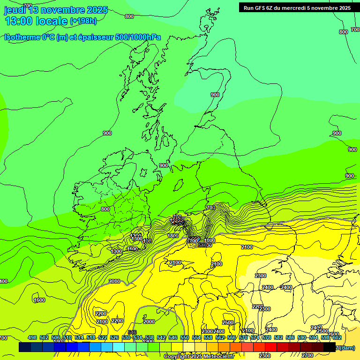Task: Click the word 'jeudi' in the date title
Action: (x=15, y=10)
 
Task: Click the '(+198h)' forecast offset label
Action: (x=83, y=21)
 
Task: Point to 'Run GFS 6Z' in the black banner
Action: (x=261, y=7)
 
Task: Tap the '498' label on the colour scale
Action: (x=32, y=337)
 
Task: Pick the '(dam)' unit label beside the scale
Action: (x=346, y=347)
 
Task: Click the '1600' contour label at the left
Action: (x=39, y=300)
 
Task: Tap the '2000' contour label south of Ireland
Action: (x=114, y=281)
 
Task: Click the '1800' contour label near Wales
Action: (x=173, y=236)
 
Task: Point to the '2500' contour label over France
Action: (x=228, y=322)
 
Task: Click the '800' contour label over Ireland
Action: (x=105, y=209)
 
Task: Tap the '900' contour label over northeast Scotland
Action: (x=215, y=95)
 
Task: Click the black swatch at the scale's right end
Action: (x=330, y=347)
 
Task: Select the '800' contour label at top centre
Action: (x=129, y=16)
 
